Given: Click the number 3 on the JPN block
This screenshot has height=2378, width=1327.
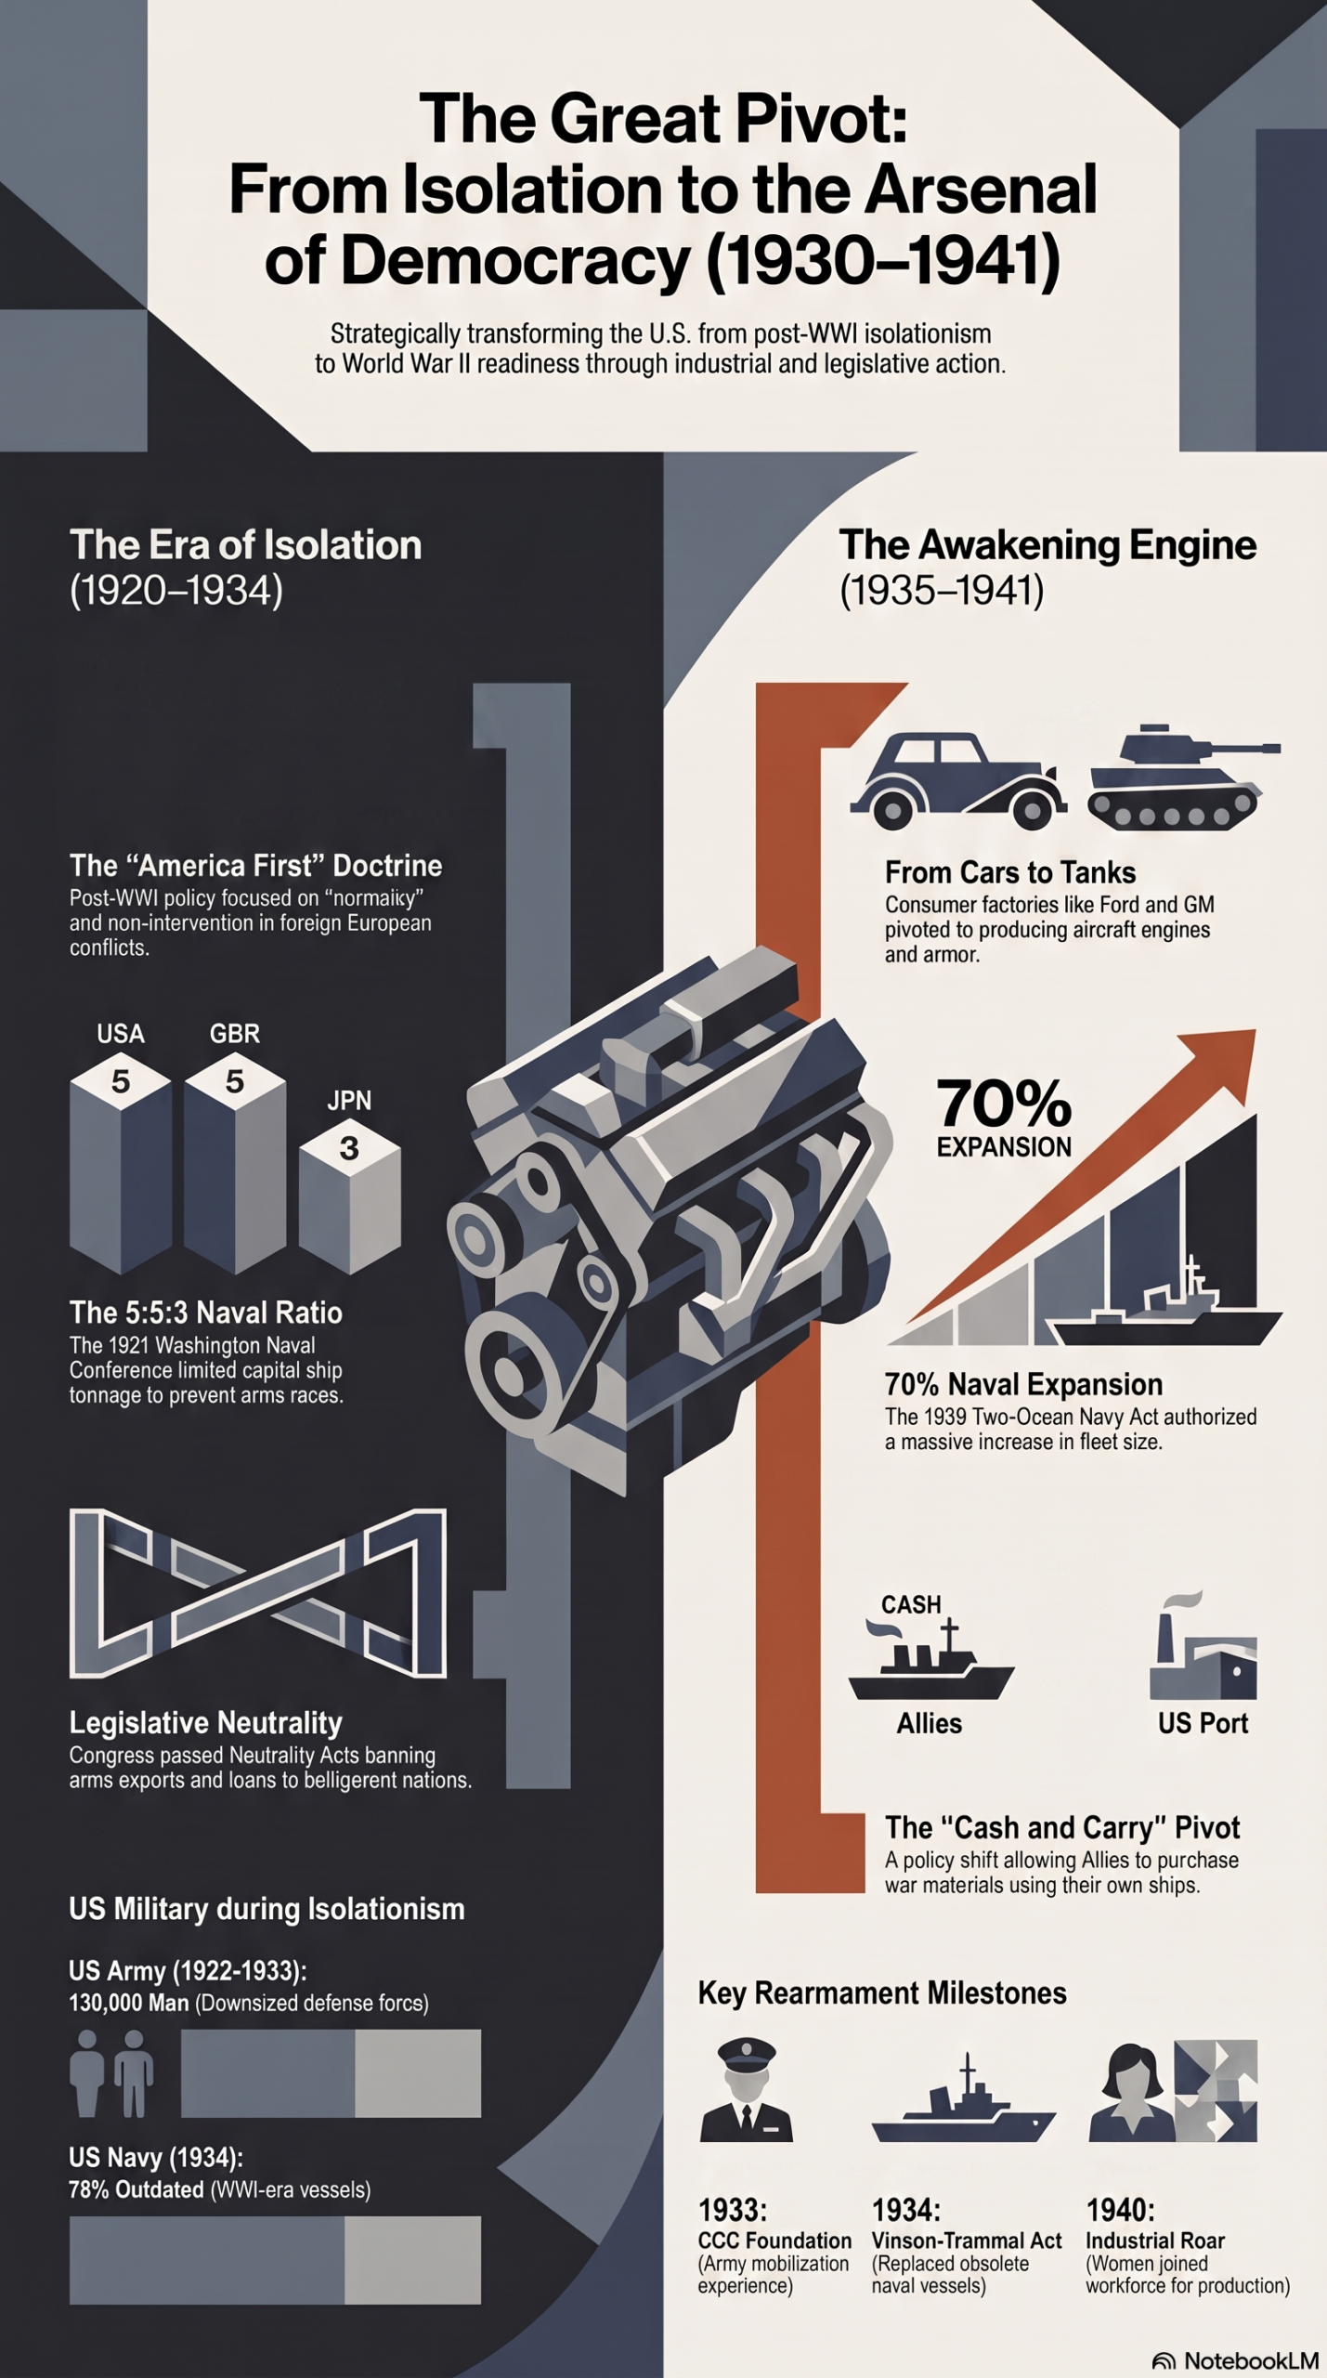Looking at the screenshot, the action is (349, 1148).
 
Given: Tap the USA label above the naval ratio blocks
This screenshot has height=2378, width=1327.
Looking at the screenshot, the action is (121, 1034).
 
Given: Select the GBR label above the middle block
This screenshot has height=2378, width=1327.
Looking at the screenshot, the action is (235, 1034).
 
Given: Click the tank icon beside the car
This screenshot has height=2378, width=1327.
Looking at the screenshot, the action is (1184, 777).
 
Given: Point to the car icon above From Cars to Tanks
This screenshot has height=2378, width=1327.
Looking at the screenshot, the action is (958, 780).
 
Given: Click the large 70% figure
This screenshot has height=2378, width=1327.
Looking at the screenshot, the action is (1004, 1103).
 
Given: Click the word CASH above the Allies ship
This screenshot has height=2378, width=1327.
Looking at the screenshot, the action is (911, 1604).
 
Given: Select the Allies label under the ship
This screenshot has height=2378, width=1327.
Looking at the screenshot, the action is (929, 1723).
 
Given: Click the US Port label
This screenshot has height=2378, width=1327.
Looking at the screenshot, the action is (1203, 1723).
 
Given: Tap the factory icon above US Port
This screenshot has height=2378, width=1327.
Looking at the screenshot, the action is (1203, 1646).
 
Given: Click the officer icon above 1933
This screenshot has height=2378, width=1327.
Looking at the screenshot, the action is (747, 2091).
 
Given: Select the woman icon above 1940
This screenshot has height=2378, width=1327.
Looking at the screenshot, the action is (1130, 2091).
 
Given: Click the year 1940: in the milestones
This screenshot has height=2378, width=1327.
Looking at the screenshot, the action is (1120, 2209).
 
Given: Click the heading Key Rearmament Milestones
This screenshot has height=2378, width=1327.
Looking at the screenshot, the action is (882, 1993).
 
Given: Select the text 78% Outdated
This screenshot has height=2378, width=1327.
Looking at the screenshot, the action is (136, 2189).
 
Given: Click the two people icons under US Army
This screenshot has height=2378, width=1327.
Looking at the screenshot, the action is (111, 2072).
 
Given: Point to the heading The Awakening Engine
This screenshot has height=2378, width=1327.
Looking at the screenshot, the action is (1047, 544).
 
